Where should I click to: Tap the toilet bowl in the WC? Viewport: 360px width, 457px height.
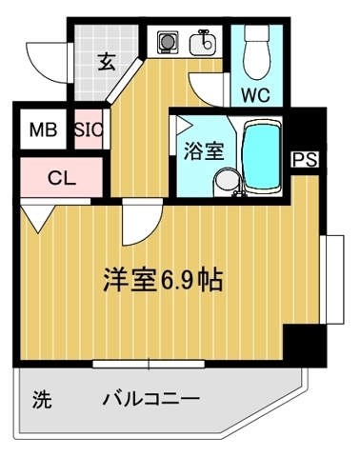pyautogui.click(x=256, y=55)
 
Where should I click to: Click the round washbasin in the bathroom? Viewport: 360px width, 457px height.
pyautogui.click(x=225, y=181)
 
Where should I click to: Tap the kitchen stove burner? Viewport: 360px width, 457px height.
pyautogui.click(x=169, y=43)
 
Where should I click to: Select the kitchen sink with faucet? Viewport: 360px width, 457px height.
pyautogui.click(x=203, y=43)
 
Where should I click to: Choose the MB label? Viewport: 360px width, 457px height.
pyautogui.click(x=41, y=129)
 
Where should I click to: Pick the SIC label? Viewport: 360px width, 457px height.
pyautogui.click(x=89, y=129)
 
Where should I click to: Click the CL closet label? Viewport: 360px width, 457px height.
pyautogui.click(x=60, y=176)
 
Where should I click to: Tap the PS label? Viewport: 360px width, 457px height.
pyautogui.click(x=304, y=159)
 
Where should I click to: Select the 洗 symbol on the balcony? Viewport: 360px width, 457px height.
pyautogui.click(x=42, y=398)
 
